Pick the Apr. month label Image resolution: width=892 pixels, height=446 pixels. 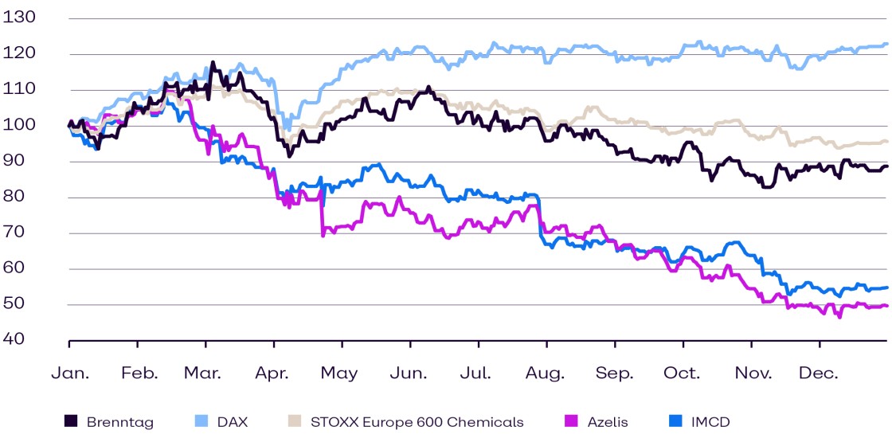(x=273, y=373)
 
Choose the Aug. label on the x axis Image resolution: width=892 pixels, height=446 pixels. (x=546, y=373)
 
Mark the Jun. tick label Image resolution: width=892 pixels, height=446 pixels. (x=411, y=373)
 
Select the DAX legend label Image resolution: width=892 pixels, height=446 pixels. (x=232, y=422)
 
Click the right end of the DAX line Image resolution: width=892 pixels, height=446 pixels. (x=887, y=45)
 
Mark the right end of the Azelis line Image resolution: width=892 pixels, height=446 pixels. (x=887, y=306)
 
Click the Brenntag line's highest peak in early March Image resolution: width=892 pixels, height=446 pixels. (x=212, y=62)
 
